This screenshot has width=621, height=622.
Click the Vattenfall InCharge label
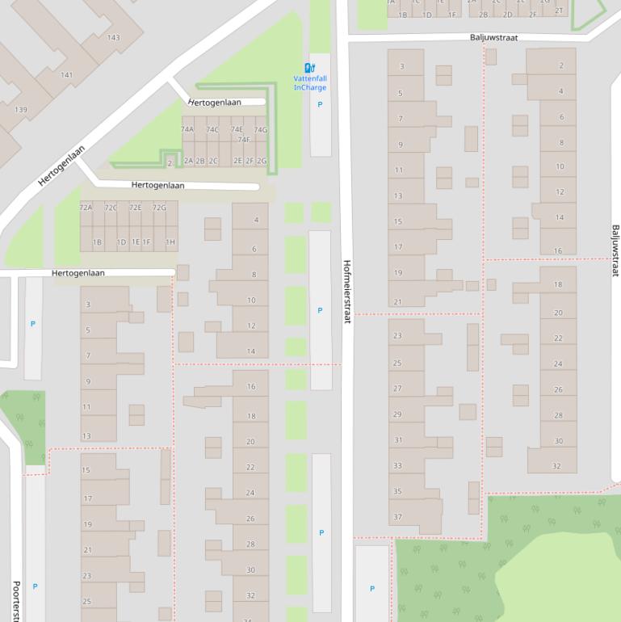click(309, 82)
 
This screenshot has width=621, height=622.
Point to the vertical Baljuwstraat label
click(615, 250)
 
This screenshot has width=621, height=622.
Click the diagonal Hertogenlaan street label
click(61, 166)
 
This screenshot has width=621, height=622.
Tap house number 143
click(113, 38)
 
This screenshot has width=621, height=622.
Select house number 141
click(66, 75)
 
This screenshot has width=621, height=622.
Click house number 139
click(20, 110)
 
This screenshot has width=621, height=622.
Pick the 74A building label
click(187, 129)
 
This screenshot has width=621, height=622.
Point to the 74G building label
click(260, 129)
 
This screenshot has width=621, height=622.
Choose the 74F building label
click(243, 139)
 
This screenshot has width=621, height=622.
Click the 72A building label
click(86, 208)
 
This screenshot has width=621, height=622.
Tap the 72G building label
click(159, 208)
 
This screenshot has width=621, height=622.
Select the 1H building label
click(170, 242)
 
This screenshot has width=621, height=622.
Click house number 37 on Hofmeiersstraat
click(397, 516)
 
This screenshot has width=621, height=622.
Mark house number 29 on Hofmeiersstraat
click(397, 414)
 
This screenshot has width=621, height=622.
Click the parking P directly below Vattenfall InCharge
click(320, 104)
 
